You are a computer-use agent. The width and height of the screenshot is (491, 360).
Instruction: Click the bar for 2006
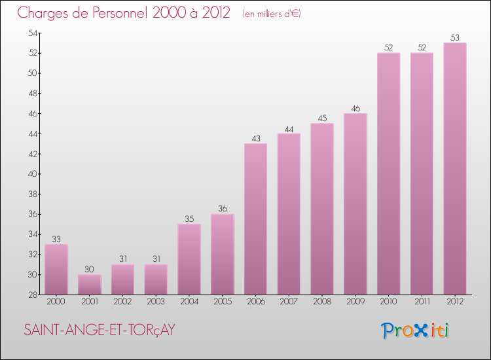pos(255,219)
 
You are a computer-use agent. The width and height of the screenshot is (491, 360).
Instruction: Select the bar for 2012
pos(455,168)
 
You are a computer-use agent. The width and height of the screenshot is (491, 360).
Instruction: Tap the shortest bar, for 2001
pos(89,284)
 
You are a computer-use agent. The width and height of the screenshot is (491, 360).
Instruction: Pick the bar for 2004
pos(189,259)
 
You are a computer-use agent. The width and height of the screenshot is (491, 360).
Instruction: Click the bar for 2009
pos(355,204)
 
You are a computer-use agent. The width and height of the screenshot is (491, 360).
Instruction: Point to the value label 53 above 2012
pos(455,37)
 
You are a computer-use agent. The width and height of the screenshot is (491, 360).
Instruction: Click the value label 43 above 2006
pos(255,138)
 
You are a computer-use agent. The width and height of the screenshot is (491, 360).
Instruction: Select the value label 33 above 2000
pos(56,239)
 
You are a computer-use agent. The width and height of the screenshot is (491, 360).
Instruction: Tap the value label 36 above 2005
pos(223,209)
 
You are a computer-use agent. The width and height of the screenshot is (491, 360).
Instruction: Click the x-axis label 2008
pos(322,301)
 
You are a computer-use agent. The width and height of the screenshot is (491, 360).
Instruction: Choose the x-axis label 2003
pos(156,301)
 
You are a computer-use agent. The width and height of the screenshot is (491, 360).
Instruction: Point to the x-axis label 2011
pos(422,301)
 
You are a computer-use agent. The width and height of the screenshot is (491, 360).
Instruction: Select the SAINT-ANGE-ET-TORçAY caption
pos(100,331)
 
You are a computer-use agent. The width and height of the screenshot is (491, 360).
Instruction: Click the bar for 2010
pos(388,173)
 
